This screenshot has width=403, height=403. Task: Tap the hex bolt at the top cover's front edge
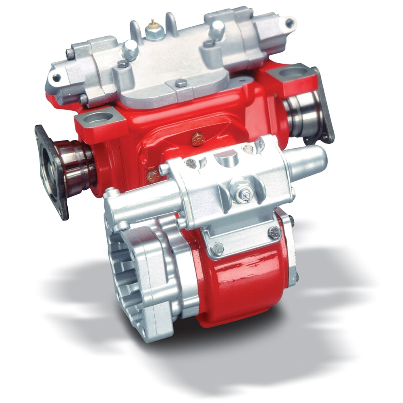[x=180, y=84]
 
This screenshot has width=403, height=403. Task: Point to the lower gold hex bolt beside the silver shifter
[x=152, y=176]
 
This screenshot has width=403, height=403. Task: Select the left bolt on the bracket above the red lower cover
[x=217, y=248]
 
